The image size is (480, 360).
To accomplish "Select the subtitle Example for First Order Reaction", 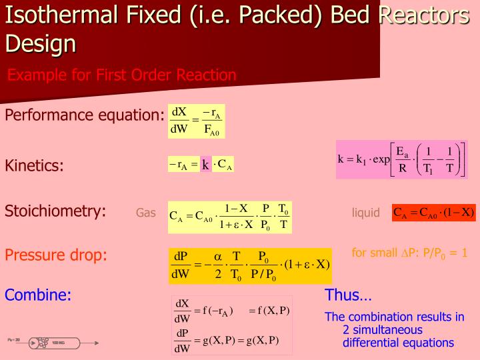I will pos(122,75).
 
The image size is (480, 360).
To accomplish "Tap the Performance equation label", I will pos(85,115).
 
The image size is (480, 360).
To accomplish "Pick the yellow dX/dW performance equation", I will pos(196,120).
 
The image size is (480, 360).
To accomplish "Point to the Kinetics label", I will pos(35,165).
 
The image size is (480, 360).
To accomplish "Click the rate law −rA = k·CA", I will pos(201,165).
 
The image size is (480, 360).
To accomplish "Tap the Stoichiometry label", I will pos(56,211).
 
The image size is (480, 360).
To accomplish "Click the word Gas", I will pos(145,213).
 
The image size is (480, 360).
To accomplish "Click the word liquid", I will pos(365,213).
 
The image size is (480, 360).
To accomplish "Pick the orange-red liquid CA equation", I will pos(434,213).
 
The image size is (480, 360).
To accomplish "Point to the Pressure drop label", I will pos(56,255).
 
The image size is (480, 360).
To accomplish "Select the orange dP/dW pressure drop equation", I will pos(250,265).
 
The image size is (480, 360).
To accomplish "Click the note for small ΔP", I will pos(409,253).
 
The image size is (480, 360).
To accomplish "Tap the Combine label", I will pos(38,295).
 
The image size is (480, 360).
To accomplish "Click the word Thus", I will pos(348,295).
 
